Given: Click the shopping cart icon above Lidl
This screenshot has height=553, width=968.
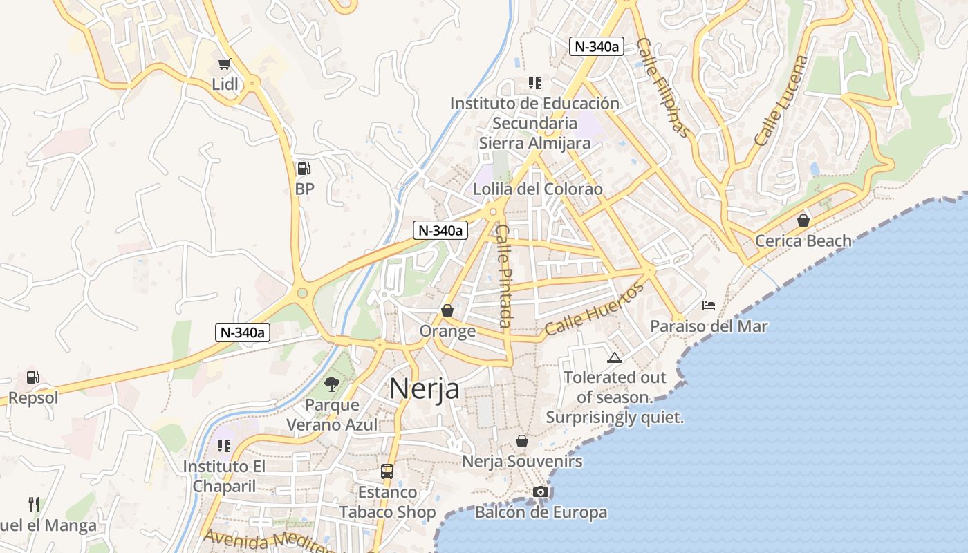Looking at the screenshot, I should pos(223,64).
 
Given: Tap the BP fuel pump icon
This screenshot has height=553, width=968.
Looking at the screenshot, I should pos(304,169).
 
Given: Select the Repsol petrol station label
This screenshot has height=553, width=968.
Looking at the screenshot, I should pos(33,398).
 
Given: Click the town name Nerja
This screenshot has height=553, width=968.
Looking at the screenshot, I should pos(424,388).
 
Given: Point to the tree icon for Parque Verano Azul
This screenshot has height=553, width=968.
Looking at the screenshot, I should pos(332,384).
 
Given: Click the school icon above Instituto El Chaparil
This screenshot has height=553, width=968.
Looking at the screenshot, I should pos(223,446).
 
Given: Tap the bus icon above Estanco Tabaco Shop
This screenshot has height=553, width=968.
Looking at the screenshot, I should pos(387,471).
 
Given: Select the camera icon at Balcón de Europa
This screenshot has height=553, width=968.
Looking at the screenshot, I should pos(541,492).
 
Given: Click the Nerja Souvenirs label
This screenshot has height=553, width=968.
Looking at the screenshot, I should pos(522,461).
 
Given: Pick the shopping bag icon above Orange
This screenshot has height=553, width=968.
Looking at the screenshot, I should pos(447,311).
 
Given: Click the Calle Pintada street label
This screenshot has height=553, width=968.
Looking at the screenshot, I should pos(504,276).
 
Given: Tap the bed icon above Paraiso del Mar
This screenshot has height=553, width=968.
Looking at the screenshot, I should pos(709,306).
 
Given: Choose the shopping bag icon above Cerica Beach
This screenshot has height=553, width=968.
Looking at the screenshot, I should pos(803,221).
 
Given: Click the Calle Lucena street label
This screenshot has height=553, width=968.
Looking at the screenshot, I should pos(781,101).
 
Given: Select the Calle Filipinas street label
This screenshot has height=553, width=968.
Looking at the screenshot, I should pos(663,87).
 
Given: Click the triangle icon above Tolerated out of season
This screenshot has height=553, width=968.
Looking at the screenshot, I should pos(614,357).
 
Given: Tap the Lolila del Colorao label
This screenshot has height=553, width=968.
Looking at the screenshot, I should pos(537,189).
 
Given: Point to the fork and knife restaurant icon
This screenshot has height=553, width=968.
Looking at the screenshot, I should pos(33,504).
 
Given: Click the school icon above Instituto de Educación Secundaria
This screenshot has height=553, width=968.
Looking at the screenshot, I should pos(534,83).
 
